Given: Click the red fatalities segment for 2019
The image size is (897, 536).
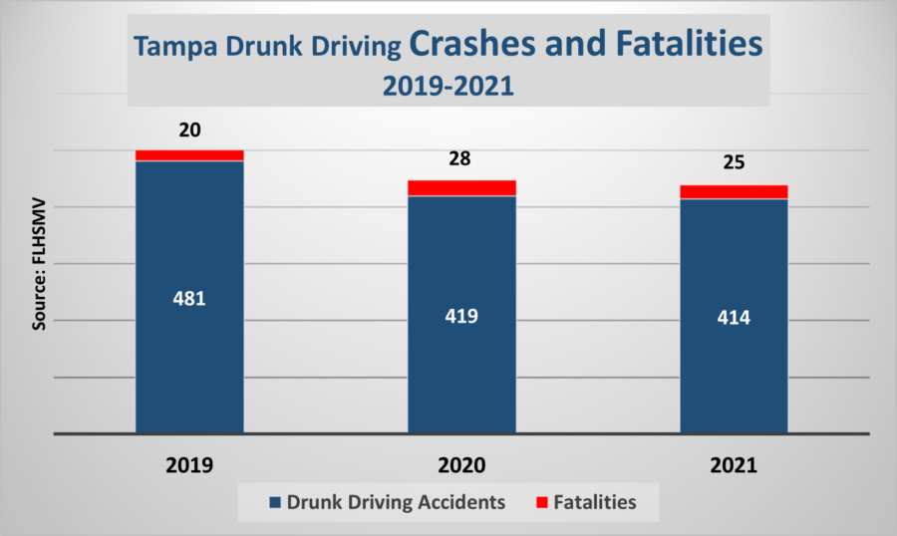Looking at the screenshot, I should [x=189, y=155].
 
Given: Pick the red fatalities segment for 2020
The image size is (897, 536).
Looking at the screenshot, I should [x=461, y=188].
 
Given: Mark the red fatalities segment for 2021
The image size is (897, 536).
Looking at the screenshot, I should [x=734, y=192].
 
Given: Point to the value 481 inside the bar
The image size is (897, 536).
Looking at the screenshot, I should [x=189, y=298].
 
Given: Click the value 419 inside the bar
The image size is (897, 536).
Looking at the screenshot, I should [x=461, y=316].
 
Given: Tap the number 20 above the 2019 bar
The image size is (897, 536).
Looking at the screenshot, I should [x=189, y=131].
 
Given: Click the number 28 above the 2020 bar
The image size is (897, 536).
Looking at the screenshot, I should [x=461, y=159].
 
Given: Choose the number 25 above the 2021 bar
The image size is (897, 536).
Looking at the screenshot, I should [x=734, y=162].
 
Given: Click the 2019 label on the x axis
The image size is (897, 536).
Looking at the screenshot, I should [x=189, y=465].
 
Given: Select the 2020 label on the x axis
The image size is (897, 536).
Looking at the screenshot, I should [x=461, y=465].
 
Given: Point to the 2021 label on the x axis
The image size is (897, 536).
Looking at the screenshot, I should [x=734, y=465].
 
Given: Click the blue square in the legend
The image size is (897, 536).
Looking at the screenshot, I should [x=273, y=503].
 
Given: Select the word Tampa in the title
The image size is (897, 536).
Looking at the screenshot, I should [x=169, y=47].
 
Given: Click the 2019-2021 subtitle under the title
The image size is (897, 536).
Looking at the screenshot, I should [x=448, y=86].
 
